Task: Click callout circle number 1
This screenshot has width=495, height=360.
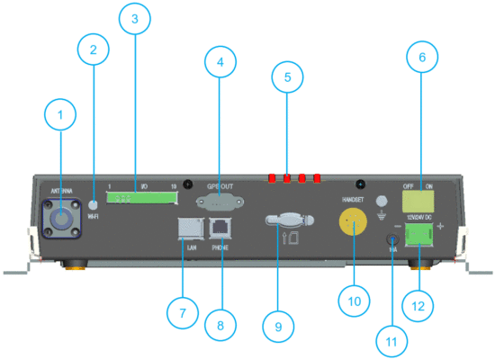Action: coord(61,114)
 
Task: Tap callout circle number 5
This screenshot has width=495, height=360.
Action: coord(287,78)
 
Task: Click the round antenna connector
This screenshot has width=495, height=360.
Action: coord(61,219)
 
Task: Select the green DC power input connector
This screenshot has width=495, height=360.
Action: coord(418,236)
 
